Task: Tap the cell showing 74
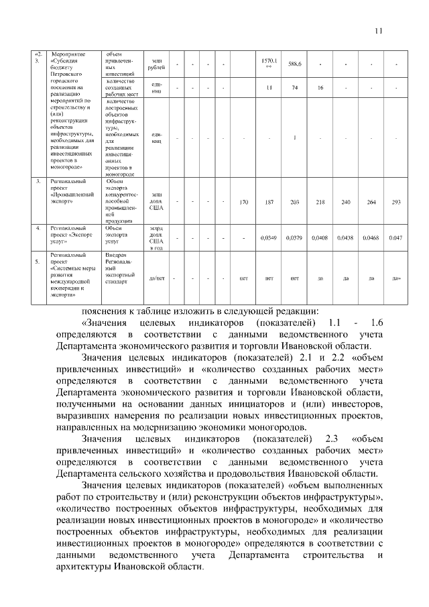coord(294,88)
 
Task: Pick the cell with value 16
coord(320,88)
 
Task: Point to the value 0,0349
coord(269,237)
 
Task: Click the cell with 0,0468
coord(371,237)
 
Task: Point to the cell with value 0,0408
coord(320,237)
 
